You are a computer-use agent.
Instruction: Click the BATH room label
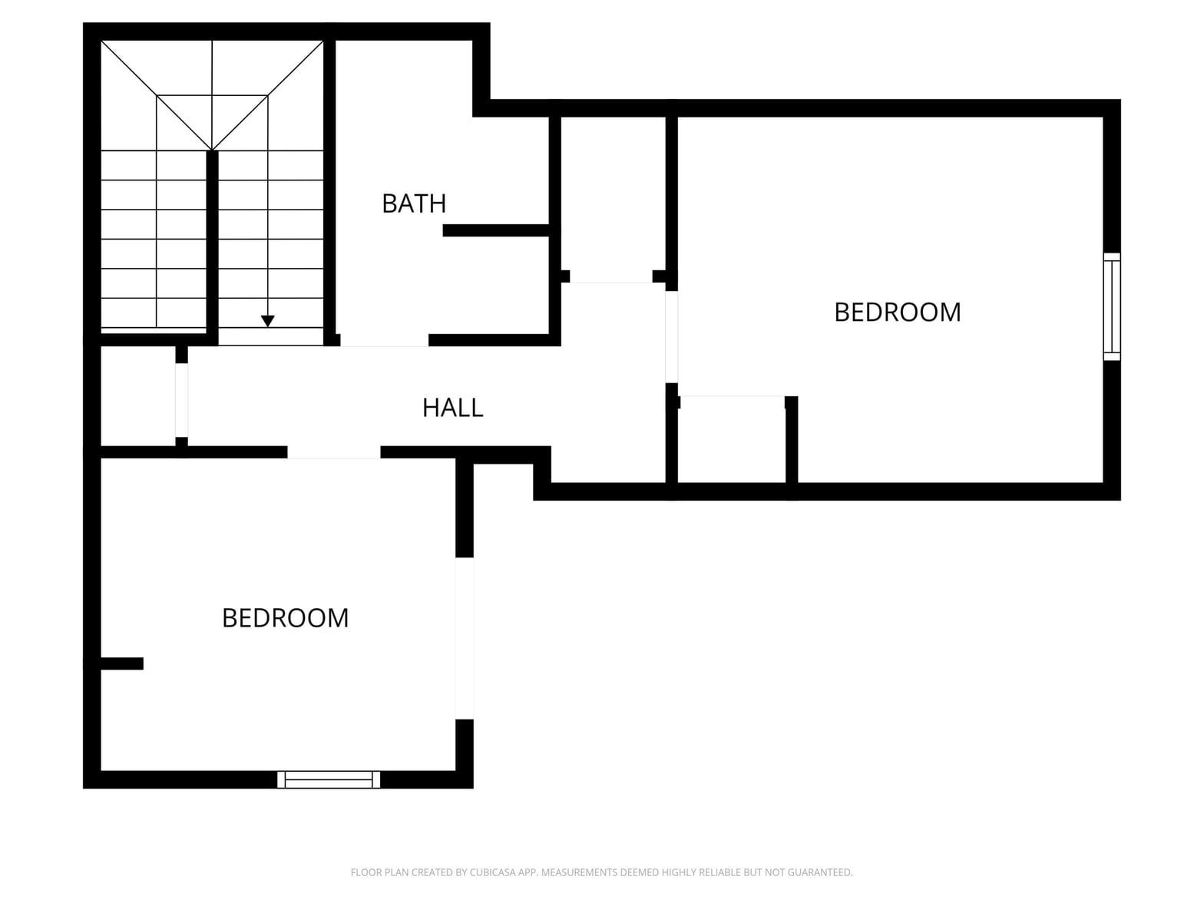tap(414, 203)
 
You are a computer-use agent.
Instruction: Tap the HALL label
tap(452, 408)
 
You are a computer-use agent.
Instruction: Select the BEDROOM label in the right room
tap(898, 313)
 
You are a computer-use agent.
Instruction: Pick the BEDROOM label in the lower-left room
tap(285, 618)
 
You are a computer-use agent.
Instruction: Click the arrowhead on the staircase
tap(268, 321)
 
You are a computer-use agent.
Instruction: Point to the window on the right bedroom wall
tap(1111, 306)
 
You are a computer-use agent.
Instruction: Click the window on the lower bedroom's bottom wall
tap(329, 779)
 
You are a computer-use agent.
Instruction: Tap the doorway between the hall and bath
tap(384, 340)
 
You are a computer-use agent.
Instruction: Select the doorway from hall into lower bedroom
tap(334, 452)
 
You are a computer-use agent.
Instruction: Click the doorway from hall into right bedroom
tap(671, 336)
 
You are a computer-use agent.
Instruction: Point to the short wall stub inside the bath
tap(496, 230)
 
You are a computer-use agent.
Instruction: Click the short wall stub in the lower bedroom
tap(122, 663)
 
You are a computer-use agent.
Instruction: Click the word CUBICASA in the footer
tap(491, 872)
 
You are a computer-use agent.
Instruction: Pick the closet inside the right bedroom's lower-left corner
tap(732, 439)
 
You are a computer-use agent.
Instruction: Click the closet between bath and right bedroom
tap(614, 197)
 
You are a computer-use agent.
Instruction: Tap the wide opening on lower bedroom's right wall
tap(464, 638)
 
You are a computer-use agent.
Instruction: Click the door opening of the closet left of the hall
tap(181, 400)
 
